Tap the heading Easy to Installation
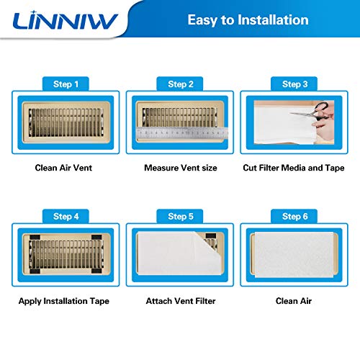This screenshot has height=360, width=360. tap(248, 20)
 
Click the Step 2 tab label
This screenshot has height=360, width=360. tap(180, 84)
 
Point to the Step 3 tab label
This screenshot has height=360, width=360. tap(294, 84)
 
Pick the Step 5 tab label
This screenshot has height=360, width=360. tap(180, 216)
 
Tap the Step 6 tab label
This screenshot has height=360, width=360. tap(294, 216)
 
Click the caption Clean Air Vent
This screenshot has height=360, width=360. tap(63, 168)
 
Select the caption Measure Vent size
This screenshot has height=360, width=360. tap(179, 168)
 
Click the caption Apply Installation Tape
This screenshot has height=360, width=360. tap(63, 300)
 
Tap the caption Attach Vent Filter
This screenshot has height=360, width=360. tap(179, 300)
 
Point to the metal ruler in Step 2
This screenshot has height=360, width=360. tap(180, 132)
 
